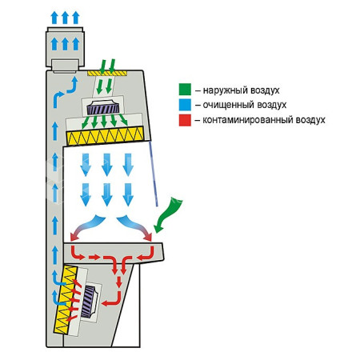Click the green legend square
pos(185,90)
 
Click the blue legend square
pos(185,105)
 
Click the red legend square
pos(185,120)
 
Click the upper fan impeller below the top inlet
pos(102,108)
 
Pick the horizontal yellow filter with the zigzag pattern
pos(105,136)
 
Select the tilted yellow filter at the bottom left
pos(66,300)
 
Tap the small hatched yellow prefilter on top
pos(107,73)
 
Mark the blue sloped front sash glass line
pos(154,174)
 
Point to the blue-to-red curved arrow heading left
pos(88,226)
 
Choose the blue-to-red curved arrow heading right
pos(134,226)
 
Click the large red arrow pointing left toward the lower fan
pos(112,299)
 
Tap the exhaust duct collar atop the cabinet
pos(65,47)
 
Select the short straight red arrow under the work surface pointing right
pos(94,258)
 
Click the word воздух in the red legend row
pos(310,120)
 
